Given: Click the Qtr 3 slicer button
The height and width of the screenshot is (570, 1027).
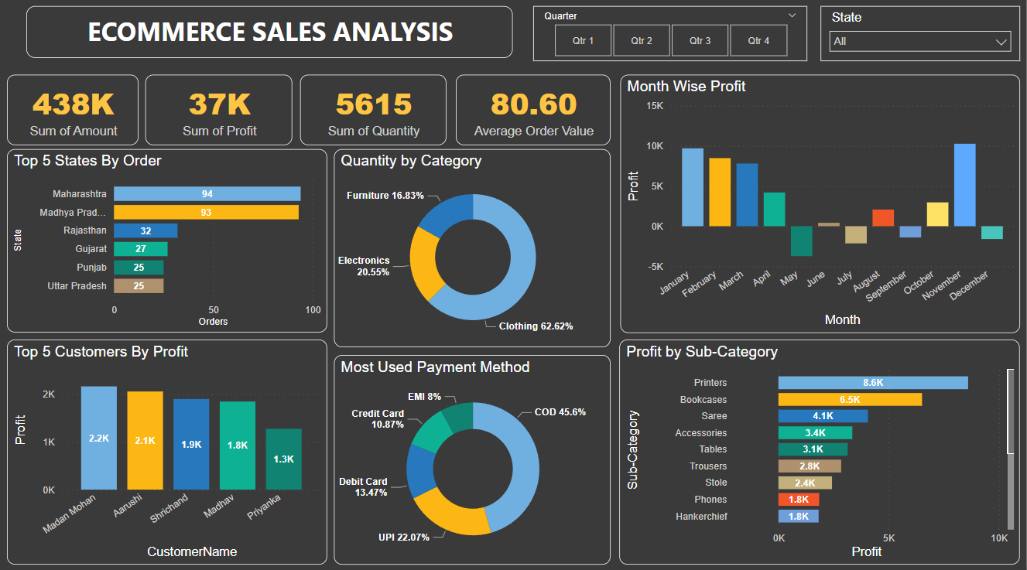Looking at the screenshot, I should (700, 40).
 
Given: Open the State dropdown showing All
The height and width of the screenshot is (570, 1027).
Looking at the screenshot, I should (919, 42).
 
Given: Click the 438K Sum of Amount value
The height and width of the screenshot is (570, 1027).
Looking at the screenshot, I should (74, 104).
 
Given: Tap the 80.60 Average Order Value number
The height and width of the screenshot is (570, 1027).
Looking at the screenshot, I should (533, 104).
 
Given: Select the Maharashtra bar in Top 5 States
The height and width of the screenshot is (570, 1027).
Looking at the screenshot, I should (207, 194).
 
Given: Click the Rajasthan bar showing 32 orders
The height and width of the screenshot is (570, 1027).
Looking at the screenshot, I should (145, 230).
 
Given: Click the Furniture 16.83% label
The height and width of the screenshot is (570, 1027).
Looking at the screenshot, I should (385, 196).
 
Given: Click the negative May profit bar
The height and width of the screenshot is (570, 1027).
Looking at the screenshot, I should (801, 241).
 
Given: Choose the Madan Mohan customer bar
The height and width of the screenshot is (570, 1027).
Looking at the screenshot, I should (99, 438).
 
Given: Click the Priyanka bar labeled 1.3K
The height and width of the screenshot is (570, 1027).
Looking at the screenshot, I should (283, 459).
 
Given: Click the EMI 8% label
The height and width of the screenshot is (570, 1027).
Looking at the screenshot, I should (424, 397).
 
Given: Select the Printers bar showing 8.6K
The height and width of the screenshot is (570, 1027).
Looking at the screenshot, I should (872, 383).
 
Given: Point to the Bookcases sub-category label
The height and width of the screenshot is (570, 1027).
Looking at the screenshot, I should (703, 400).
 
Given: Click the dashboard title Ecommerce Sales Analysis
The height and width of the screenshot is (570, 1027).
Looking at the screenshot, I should (270, 32).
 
